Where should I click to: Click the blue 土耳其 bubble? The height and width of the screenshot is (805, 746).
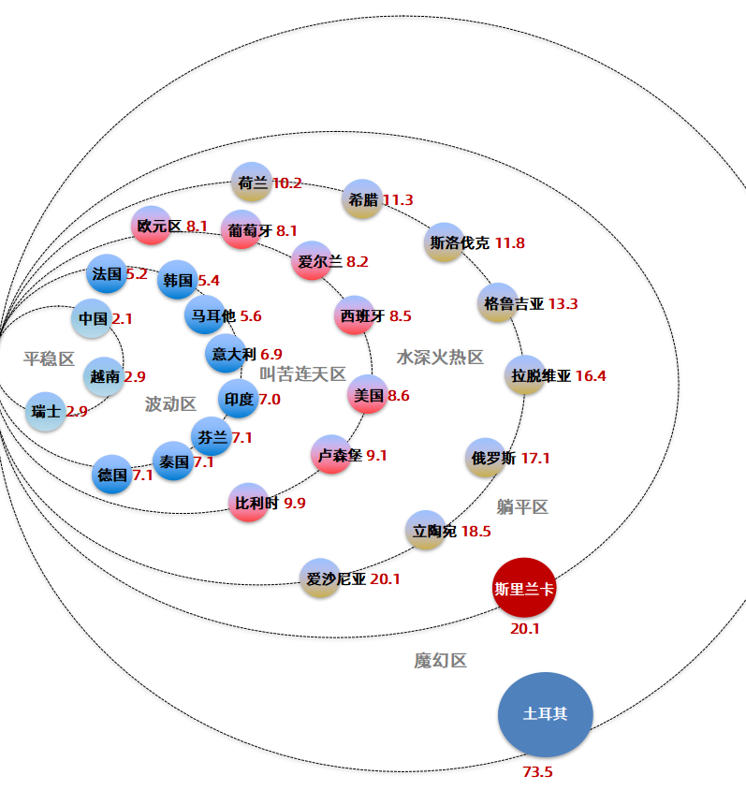coord(546,714)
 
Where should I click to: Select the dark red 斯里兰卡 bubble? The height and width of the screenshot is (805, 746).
coord(523,588)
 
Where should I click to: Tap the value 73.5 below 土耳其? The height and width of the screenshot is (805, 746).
coord(537,771)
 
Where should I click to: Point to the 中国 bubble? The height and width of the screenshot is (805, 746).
coord(92,318)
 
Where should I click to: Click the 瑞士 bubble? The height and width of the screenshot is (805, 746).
coord(46,412)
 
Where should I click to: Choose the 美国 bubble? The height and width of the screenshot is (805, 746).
coord(368,395)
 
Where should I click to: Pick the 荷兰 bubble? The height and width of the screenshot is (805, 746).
coord(252,183)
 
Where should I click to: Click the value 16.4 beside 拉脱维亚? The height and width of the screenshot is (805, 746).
coord(591,375)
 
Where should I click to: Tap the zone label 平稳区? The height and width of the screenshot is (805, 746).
coord(50,359)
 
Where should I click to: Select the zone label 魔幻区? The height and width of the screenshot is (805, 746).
coord(441,660)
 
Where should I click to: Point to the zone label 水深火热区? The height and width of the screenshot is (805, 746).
coord(440,358)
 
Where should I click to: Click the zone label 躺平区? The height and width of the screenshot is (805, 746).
coord(522,507)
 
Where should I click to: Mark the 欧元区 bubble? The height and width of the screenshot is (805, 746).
coord(151,226)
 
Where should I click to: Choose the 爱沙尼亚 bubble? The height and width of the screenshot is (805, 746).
coord(320,578)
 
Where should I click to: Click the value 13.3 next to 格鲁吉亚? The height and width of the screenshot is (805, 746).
coord(563,304)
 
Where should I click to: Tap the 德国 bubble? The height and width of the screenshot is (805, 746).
coord(112,475)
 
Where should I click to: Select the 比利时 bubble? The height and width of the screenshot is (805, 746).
coord(248,503)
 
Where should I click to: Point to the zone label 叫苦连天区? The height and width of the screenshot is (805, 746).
coord(303,373)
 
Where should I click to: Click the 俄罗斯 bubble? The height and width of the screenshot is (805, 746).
coord(485,458)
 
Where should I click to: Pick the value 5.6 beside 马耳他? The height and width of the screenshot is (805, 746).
coord(251,316)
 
